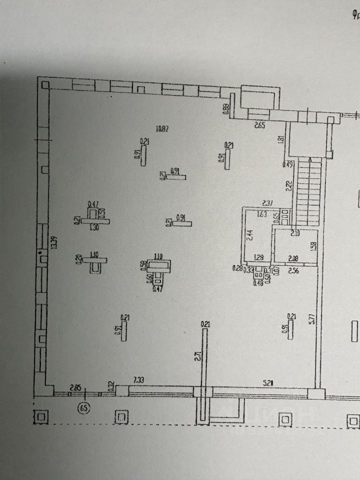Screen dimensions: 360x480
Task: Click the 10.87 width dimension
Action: (x=161, y=129)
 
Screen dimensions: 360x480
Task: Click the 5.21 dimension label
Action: (x=269, y=383)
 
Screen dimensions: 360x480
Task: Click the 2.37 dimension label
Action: (x=268, y=203)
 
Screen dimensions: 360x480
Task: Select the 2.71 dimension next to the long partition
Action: (x=198, y=356)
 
